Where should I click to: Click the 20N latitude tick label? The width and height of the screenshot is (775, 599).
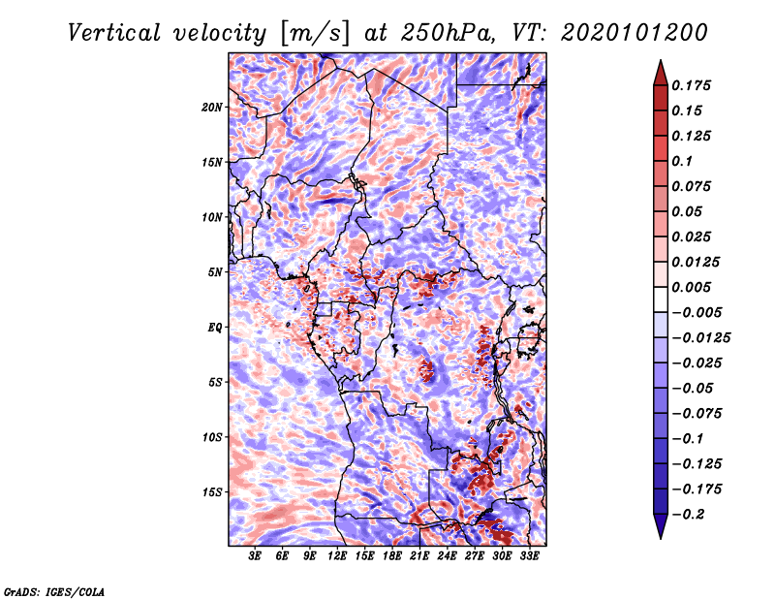pyautogui.click(x=212, y=108)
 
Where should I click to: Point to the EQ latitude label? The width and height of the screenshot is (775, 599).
pyautogui.click(x=214, y=328)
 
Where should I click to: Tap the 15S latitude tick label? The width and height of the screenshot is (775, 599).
pyautogui.click(x=212, y=492)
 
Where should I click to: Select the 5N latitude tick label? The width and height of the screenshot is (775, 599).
pyautogui.click(x=215, y=272)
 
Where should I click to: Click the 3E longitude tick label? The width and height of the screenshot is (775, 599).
pyautogui.click(x=255, y=555)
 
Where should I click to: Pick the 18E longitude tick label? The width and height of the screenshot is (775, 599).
pyautogui.click(x=392, y=555)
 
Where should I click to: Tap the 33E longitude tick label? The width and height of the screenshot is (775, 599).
pyautogui.click(x=529, y=555)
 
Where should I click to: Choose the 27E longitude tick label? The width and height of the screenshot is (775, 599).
pyautogui.click(x=475, y=555)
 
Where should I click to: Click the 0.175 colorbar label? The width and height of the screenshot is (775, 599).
pyautogui.click(x=692, y=85)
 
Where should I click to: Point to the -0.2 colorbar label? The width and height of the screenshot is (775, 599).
pyautogui.click(x=688, y=515)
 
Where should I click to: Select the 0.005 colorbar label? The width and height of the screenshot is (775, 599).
pyautogui.click(x=692, y=287)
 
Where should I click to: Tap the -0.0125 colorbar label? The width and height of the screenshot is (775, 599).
pyautogui.click(x=700, y=338)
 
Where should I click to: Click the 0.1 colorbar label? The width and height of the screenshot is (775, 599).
pyautogui.click(x=682, y=161)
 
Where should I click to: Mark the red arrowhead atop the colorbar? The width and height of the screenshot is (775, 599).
pyautogui.click(x=661, y=73)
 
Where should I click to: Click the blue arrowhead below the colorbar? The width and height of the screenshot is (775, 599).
pyautogui.click(x=661, y=526)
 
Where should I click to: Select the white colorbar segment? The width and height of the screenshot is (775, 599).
pyautogui.click(x=661, y=299)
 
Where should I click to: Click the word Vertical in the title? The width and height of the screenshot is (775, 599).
pyautogui.click(x=114, y=33)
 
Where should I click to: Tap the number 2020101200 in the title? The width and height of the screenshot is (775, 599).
pyautogui.click(x=635, y=33)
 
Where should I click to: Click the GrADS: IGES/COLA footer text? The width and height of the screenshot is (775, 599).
pyautogui.click(x=54, y=591)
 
